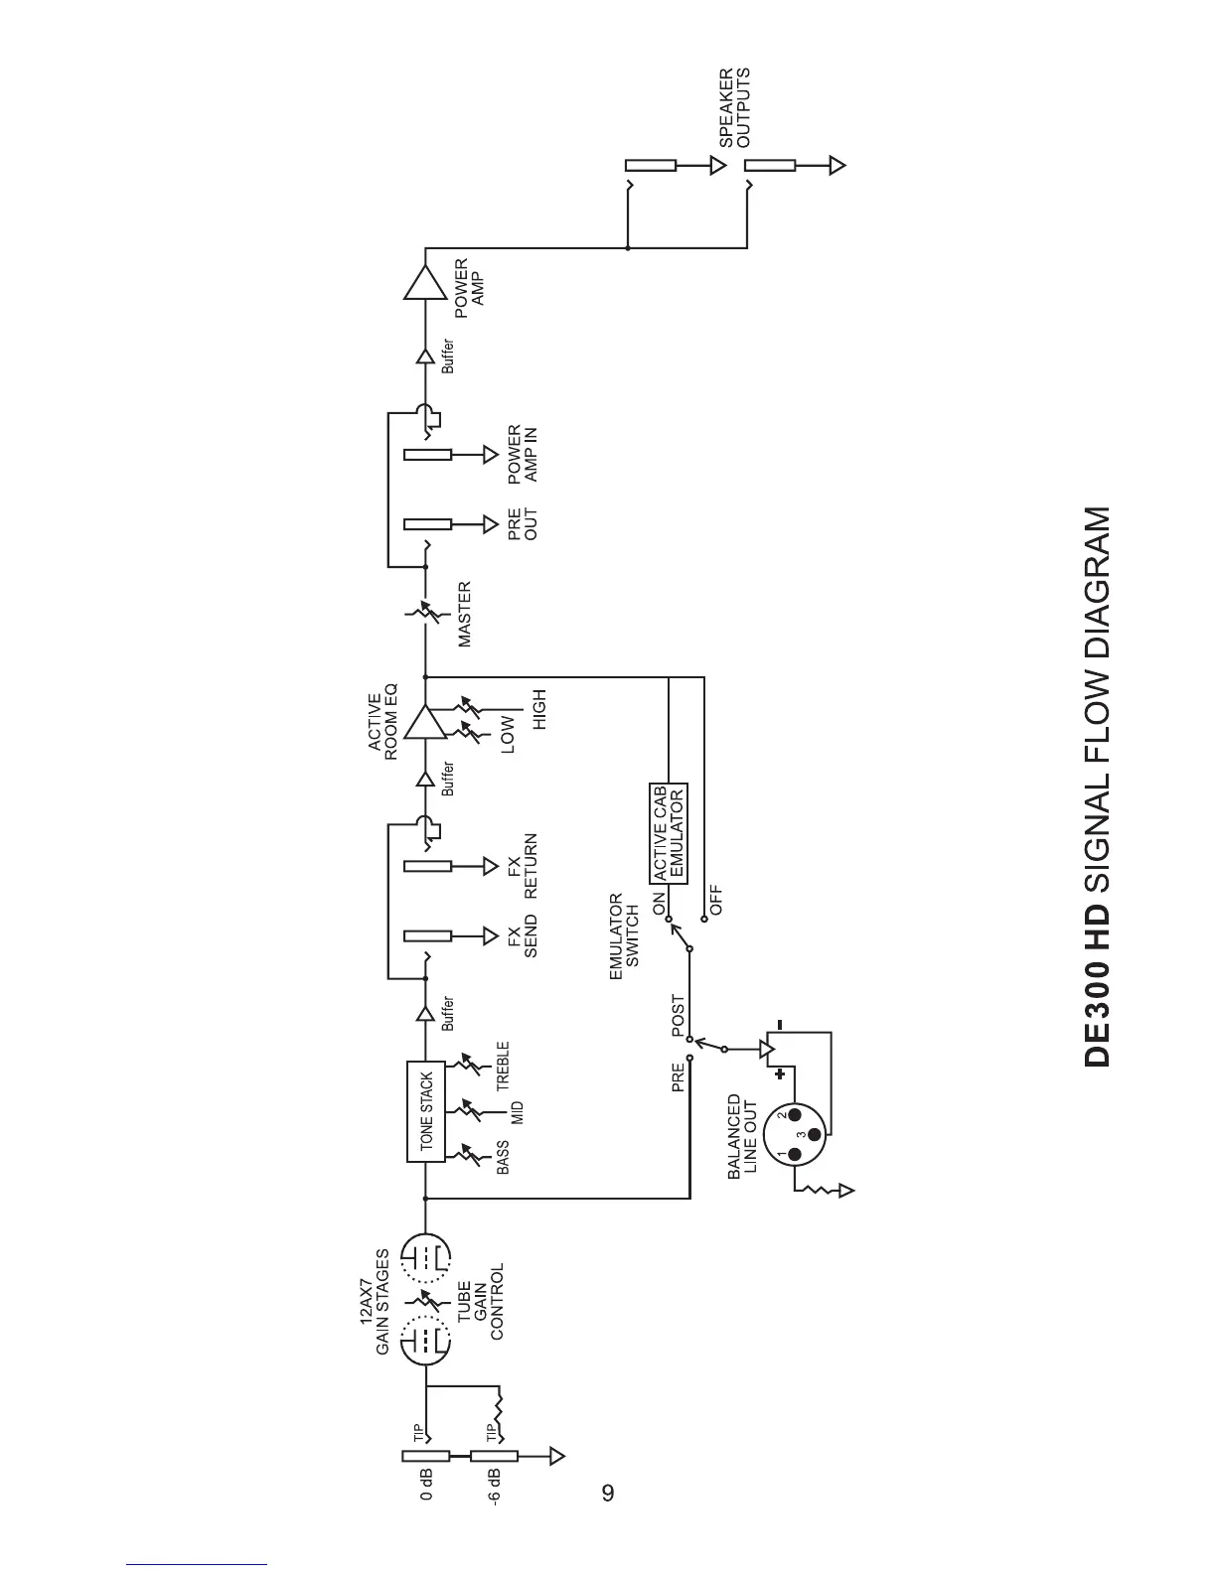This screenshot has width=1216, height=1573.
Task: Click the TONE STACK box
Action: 425,1111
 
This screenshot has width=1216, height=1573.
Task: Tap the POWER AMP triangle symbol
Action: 425,284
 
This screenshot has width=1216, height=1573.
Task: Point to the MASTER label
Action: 464,615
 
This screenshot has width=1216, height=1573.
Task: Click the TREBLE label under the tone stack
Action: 503,1064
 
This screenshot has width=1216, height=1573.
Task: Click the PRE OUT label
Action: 522,523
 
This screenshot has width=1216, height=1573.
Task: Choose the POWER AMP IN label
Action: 522,454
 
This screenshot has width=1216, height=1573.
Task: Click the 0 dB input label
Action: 425,1483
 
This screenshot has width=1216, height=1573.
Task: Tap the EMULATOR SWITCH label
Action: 624,937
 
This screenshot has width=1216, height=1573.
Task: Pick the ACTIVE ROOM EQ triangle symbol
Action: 425,723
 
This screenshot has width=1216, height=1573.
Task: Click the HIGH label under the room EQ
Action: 539,710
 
